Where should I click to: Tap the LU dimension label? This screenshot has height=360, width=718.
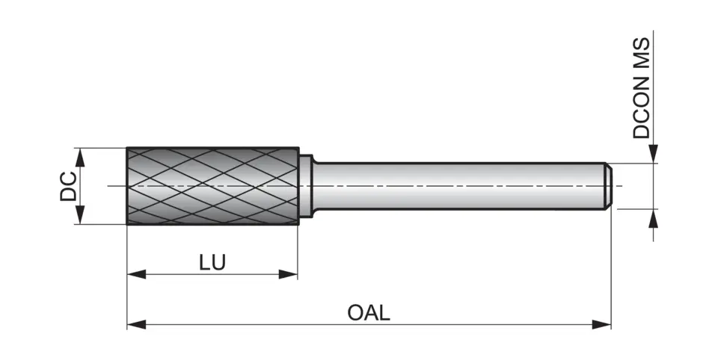tap(212, 263)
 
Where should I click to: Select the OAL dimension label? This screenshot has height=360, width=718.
tap(369, 312)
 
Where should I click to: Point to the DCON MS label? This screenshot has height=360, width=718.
tap(642, 89)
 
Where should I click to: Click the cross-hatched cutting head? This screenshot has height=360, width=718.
tap(212, 186)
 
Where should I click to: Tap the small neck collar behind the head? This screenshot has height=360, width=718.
tap(306, 186)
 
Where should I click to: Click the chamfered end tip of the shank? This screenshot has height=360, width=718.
tap(610, 186)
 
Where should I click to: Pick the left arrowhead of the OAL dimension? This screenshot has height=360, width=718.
tap(135, 324)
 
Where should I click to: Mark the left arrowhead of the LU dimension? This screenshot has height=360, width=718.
tap(135, 275)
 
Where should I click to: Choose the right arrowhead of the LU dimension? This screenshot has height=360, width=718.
tap(289, 275)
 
